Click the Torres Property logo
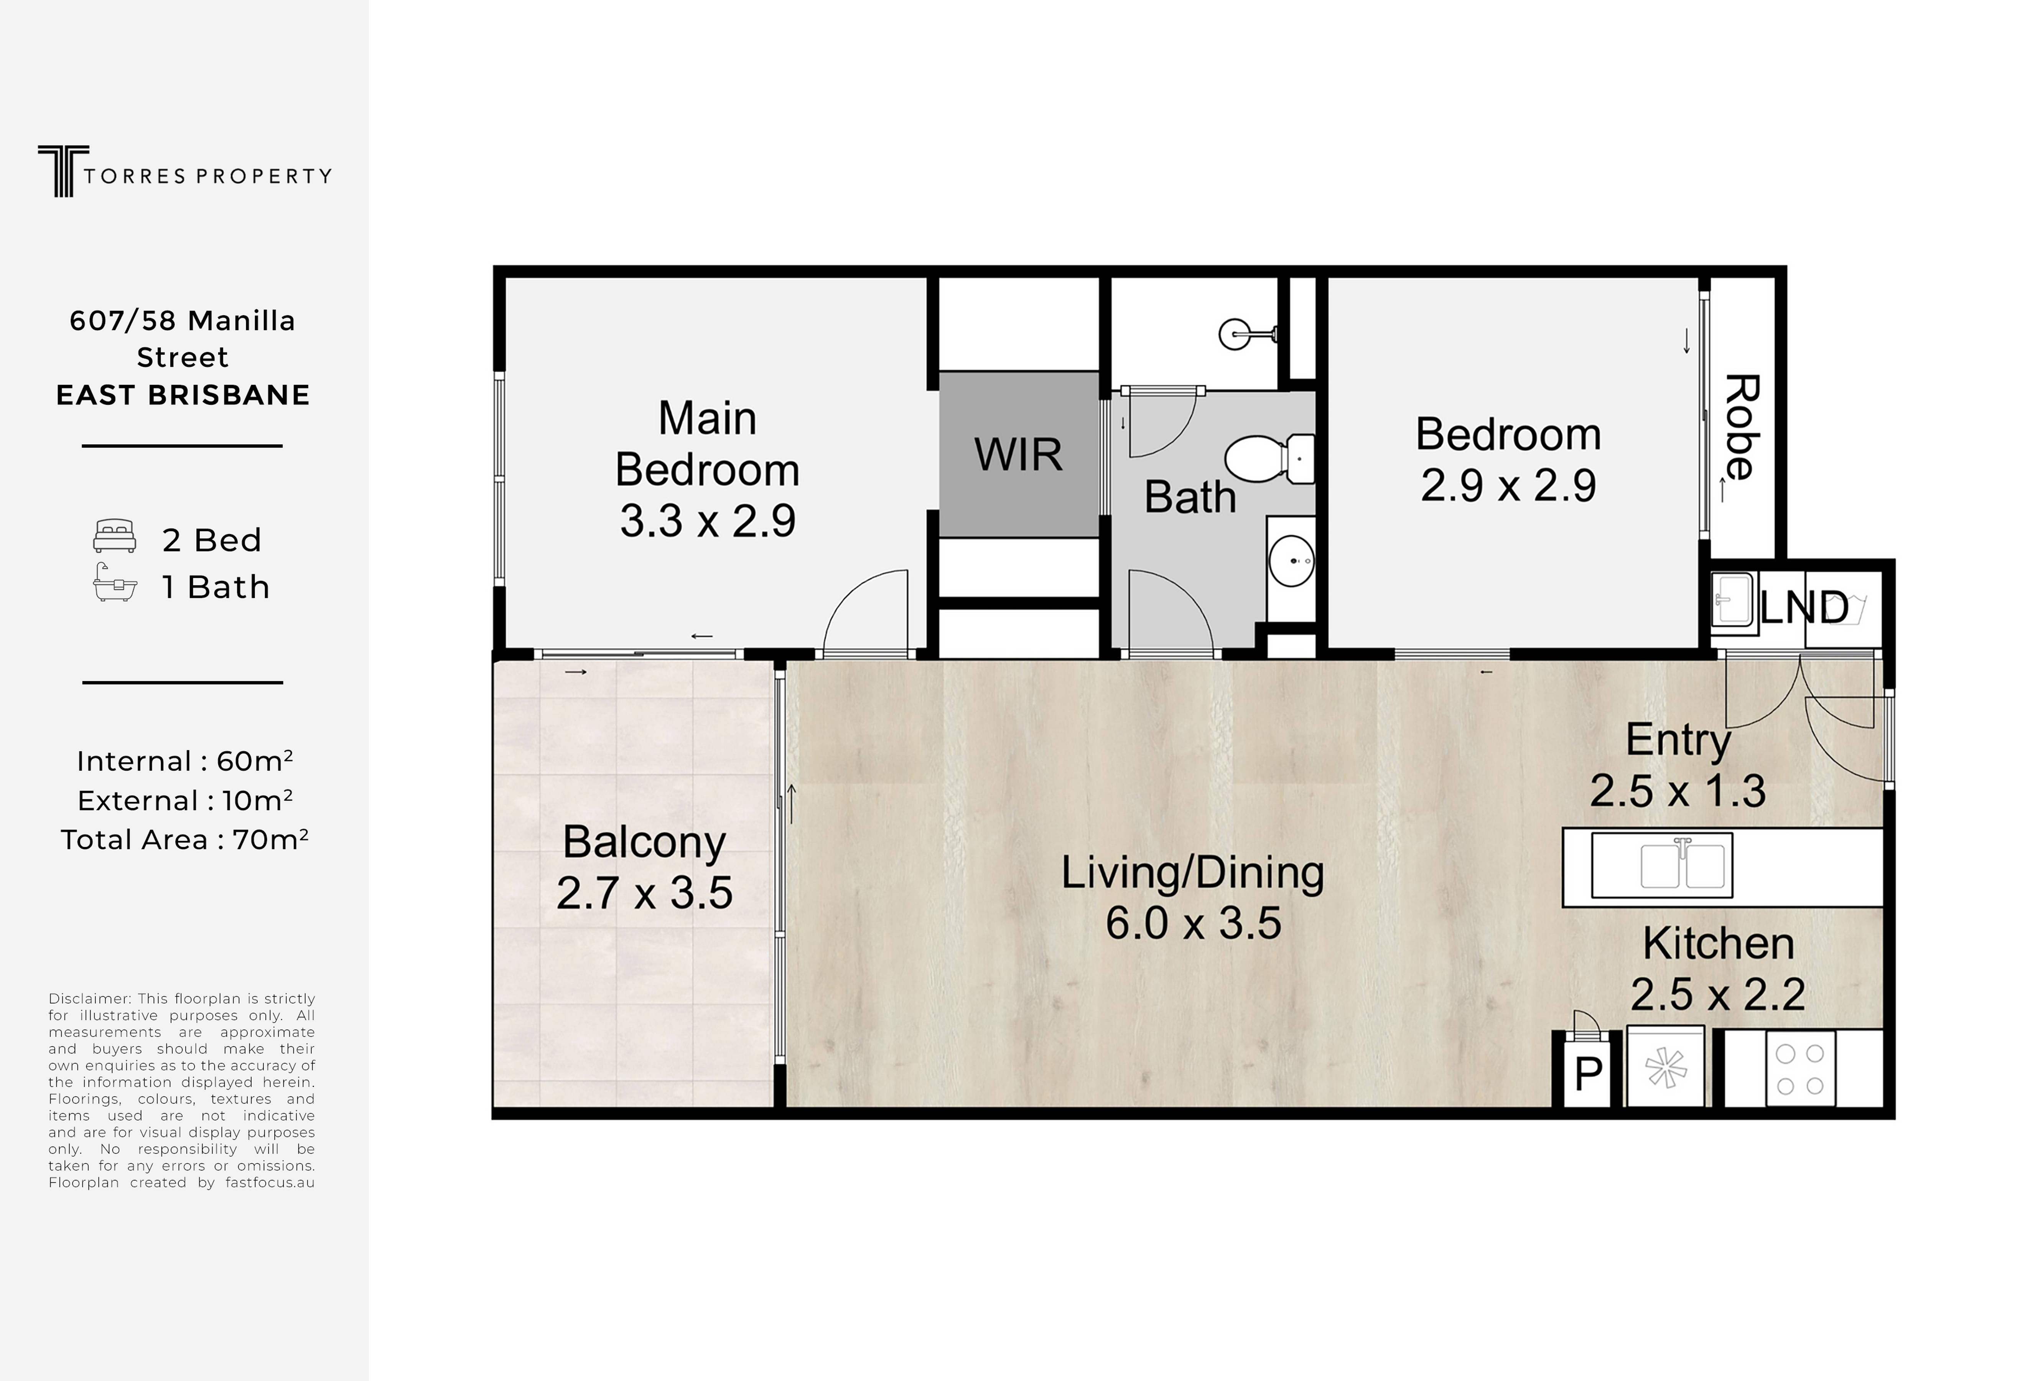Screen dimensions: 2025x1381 (184, 171)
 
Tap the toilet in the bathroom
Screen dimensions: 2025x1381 (1269, 458)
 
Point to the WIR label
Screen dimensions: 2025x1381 (1018, 455)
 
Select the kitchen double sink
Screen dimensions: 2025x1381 (1662, 865)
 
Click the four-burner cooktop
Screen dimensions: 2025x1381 (1800, 1069)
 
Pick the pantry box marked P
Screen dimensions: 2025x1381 (1587, 1073)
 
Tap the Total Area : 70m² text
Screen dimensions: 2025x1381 (184, 839)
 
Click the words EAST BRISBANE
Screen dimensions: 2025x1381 (183, 395)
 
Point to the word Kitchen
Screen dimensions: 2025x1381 (1717, 944)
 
